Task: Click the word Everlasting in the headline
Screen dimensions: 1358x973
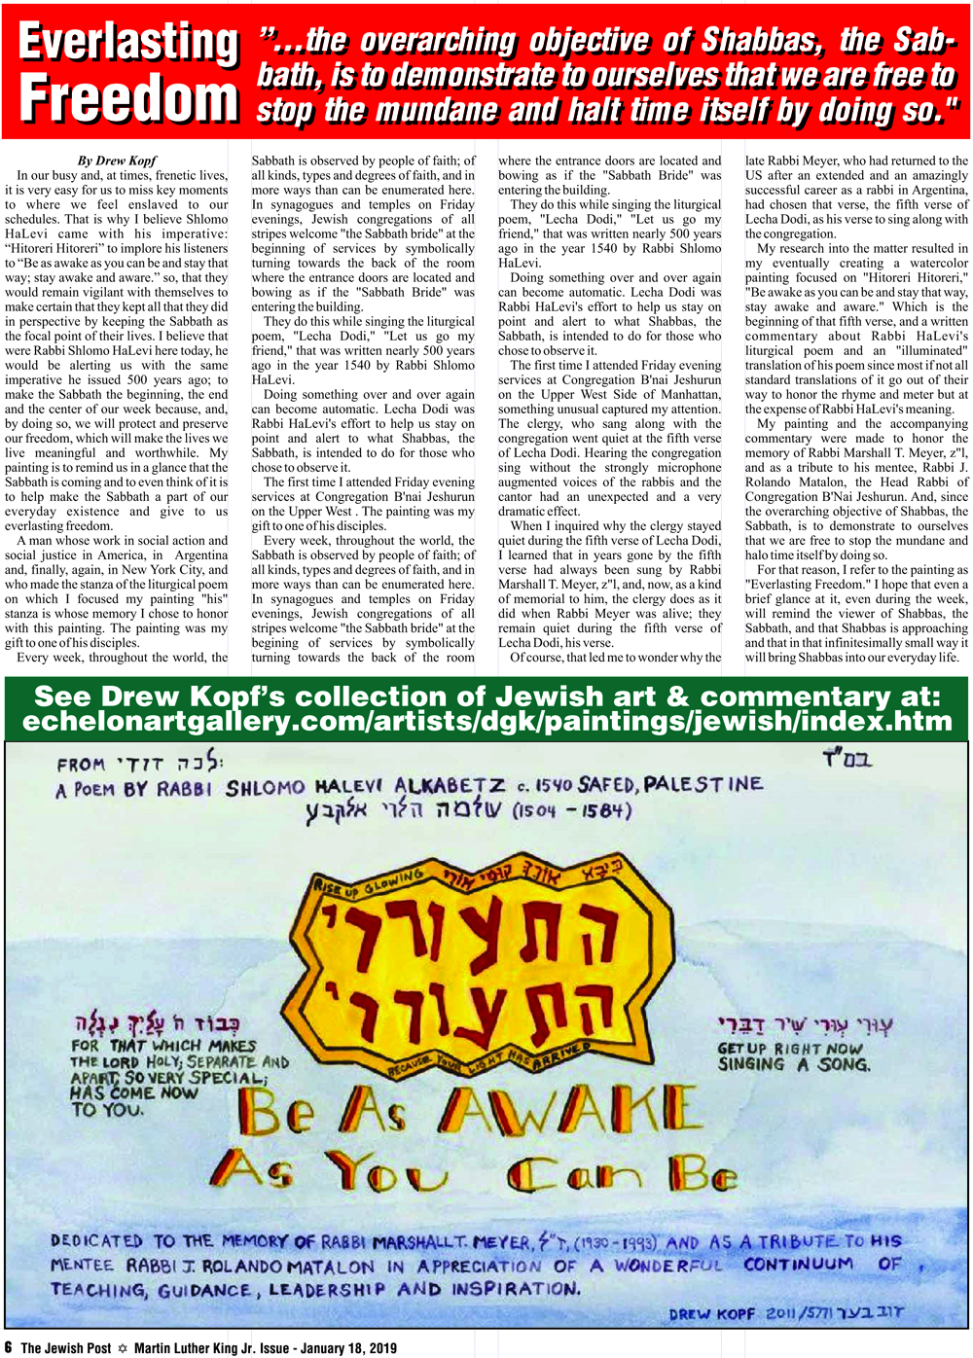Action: point(128,43)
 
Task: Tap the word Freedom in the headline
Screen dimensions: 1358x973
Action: point(128,99)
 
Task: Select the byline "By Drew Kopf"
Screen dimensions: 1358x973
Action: point(117,161)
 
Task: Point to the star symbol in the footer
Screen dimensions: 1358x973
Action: point(123,1348)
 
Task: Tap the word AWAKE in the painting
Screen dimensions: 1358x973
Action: point(572,1110)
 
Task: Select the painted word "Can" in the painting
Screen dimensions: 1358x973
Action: point(573,1174)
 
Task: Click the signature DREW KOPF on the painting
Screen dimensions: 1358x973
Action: point(711,1313)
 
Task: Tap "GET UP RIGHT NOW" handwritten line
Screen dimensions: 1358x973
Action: point(789,1049)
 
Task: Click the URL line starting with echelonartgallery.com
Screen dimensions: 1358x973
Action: point(486,721)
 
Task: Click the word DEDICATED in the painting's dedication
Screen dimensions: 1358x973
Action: point(96,1241)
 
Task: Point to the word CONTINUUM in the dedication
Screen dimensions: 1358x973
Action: point(798,1265)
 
